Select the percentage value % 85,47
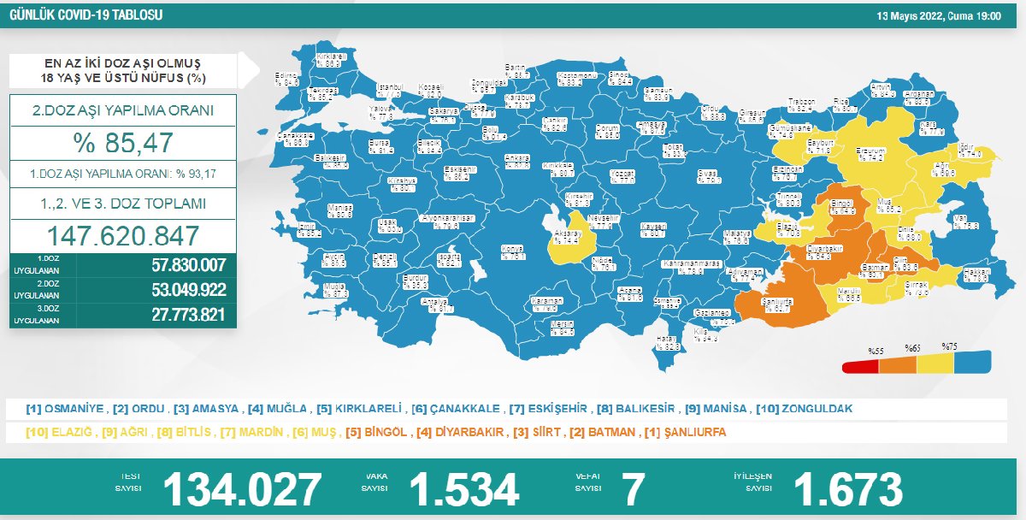tap(123, 142)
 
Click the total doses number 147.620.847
tap(123, 235)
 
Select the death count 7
tap(633, 488)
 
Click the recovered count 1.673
tap(847, 488)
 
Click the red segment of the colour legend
tap(859, 367)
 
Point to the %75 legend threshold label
tap(949, 346)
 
